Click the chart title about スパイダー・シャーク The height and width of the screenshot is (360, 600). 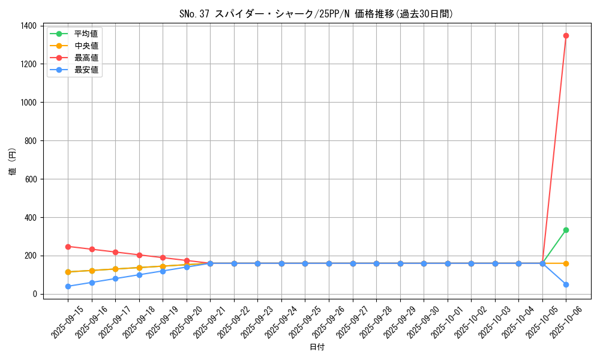coord(316,14)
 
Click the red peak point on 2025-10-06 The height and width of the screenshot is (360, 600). coord(566,35)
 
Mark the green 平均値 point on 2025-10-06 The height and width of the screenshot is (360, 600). coord(566,230)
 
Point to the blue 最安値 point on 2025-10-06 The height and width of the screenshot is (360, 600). coord(566,284)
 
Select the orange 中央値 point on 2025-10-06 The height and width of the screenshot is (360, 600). coord(566,263)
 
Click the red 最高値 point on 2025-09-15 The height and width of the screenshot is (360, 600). coord(68,247)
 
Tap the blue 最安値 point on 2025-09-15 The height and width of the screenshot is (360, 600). coord(68,286)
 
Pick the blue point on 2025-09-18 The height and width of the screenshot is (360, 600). coord(139,275)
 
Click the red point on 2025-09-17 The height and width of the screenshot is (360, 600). coord(115,252)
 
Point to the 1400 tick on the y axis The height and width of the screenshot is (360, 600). coord(28,26)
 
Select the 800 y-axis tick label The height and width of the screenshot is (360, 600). coord(30,141)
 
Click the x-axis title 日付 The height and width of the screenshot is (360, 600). coord(317,347)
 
